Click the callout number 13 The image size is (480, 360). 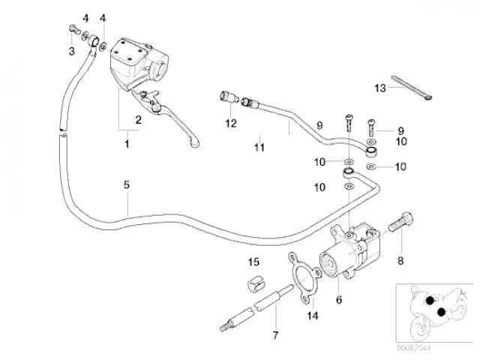pyautogui.click(x=380, y=88)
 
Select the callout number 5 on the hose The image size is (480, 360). pyautogui.click(x=127, y=184)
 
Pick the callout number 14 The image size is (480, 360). pyautogui.click(x=313, y=316)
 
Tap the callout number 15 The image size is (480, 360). pyautogui.click(x=253, y=262)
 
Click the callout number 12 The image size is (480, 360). pyautogui.click(x=231, y=122)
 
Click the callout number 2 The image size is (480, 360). pyautogui.click(x=138, y=119)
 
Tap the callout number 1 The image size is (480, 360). pyautogui.click(x=127, y=142)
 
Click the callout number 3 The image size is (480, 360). pyautogui.click(x=72, y=51)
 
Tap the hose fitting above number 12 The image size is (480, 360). pyautogui.click(x=227, y=96)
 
